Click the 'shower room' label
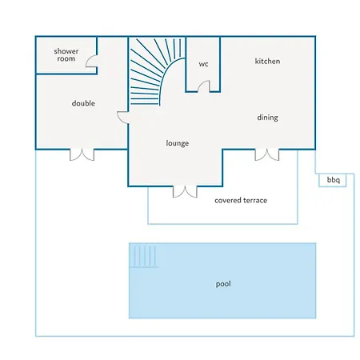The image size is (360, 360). point(66,55)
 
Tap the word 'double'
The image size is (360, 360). point(83,103)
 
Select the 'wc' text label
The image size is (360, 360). point(203,64)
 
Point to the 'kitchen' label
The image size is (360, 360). point(267,61)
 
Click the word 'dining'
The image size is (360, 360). point(267,118)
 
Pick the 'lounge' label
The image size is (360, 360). point(178,143)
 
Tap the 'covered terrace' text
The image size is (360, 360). point(241,200)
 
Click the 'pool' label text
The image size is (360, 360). point(223,284)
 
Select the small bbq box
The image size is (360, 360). point(333,180)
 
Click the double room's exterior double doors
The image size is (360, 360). point(82,155)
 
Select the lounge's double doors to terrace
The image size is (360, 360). point(185,192)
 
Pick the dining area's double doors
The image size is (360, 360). point(267,155)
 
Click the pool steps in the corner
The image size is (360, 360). point(144,256)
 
